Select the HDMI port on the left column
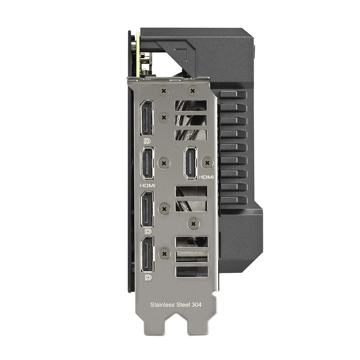click(x=147, y=163)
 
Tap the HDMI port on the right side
click(x=190, y=163)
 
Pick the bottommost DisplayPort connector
click(x=147, y=254)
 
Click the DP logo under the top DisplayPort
click(x=147, y=141)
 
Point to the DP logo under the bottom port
click(x=148, y=278)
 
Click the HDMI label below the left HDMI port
click(x=147, y=185)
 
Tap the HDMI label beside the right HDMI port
click(x=206, y=177)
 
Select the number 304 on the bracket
click(x=197, y=305)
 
